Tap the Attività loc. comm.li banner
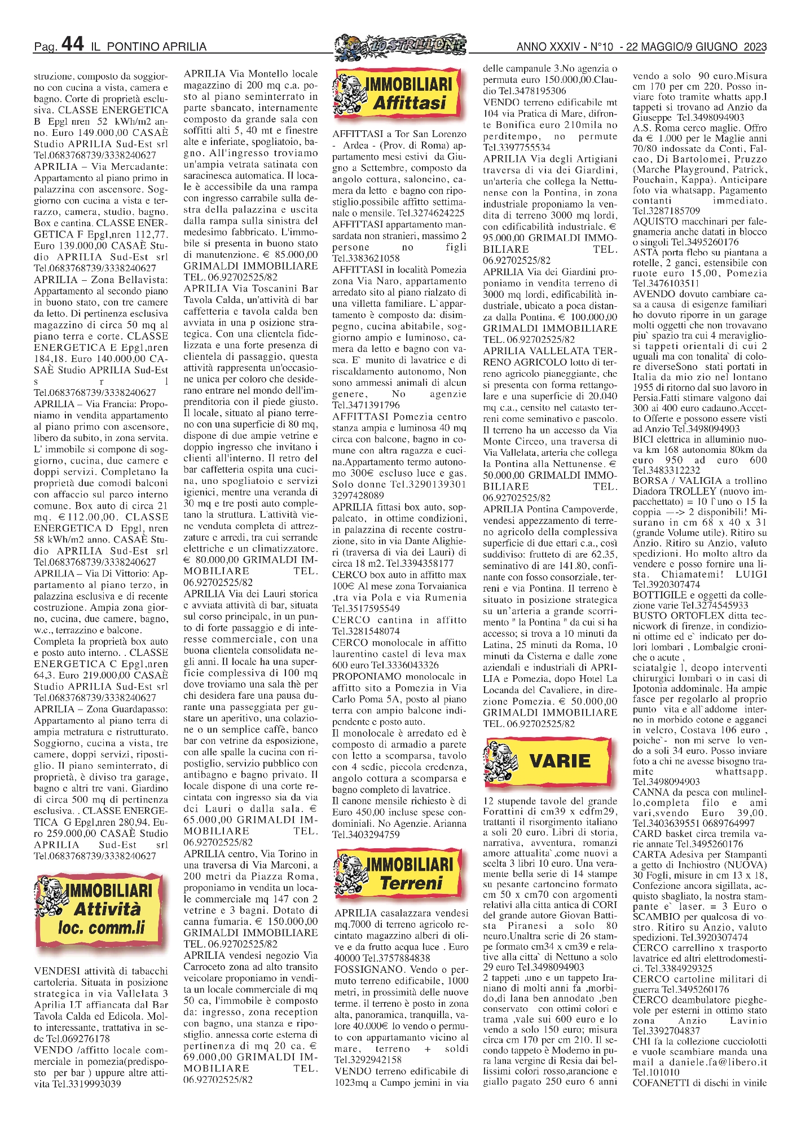[x=102, y=910]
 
